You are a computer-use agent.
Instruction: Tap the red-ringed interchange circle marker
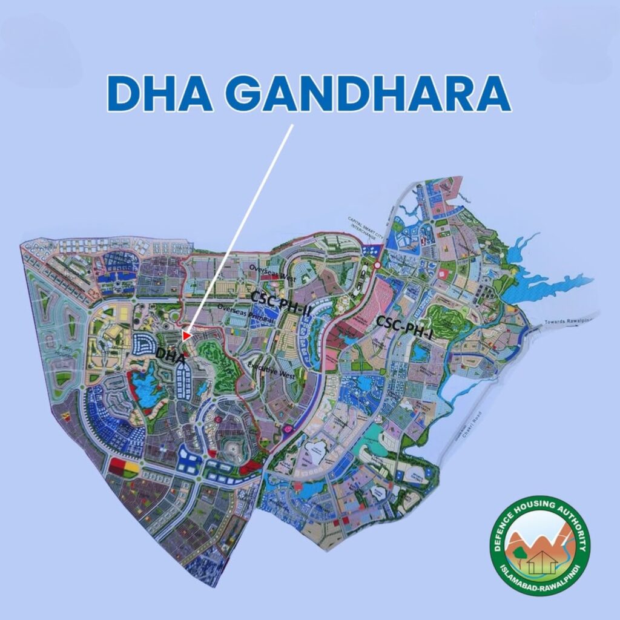pyautogui.click(x=377, y=265)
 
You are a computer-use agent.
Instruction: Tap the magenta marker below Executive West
pyautogui.click(x=287, y=429)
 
